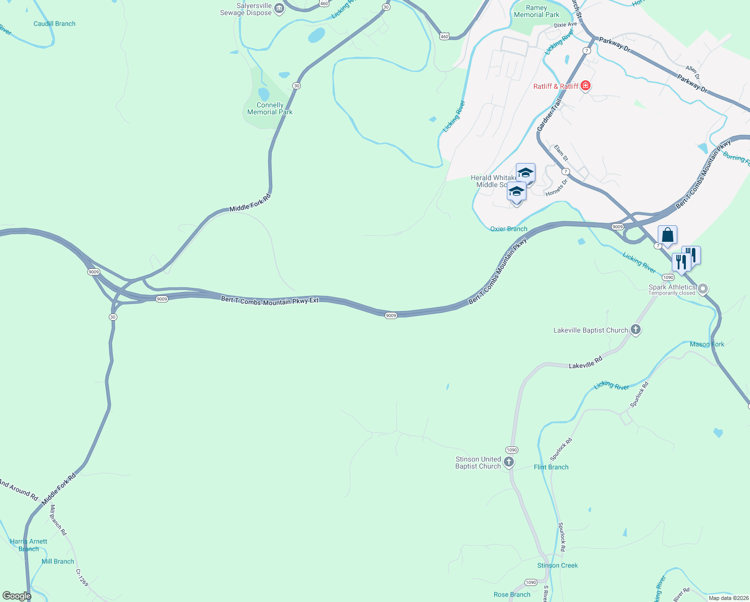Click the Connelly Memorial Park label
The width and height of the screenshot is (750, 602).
click(270, 108)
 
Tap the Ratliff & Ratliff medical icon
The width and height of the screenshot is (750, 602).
click(585, 86)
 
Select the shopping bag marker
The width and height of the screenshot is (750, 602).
click(667, 235)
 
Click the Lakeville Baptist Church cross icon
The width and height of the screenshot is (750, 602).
click(636, 330)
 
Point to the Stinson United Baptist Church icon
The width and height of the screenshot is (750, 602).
click(509, 462)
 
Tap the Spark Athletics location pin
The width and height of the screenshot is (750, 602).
click(703, 288)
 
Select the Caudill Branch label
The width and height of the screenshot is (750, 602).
click(54, 24)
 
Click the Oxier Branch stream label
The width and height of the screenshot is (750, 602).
click(508, 229)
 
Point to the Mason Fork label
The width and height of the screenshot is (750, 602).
click(707, 344)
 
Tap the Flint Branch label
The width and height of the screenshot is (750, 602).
click(551, 467)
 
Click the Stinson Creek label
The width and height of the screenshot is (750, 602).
click(557, 565)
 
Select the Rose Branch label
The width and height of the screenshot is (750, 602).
click(512, 594)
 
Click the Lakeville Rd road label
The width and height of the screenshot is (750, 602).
click(585, 363)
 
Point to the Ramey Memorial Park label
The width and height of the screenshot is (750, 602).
click(536, 11)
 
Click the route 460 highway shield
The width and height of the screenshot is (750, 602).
click(444, 37)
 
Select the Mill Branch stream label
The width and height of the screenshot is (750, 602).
click(58, 561)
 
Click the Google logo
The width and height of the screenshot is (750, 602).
click(17, 596)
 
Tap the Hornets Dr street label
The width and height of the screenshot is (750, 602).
click(556, 188)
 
